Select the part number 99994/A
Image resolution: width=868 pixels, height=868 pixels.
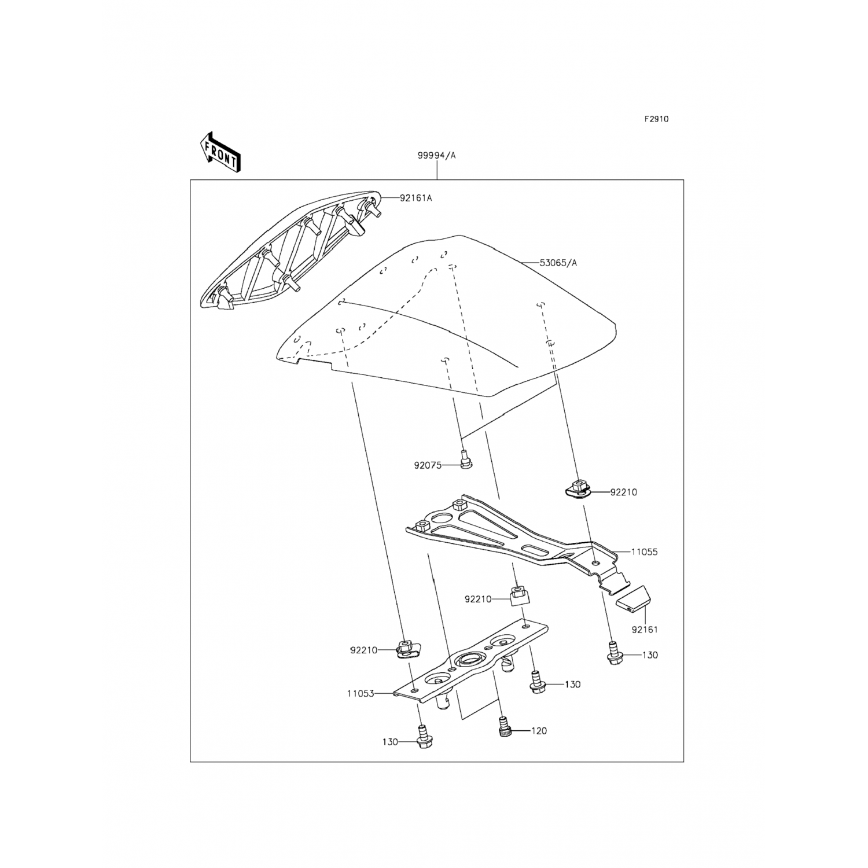[437, 155]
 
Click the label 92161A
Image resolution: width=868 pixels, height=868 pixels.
[415, 198]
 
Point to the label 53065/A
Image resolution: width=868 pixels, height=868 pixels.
[558, 263]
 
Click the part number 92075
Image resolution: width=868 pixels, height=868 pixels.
[428, 465]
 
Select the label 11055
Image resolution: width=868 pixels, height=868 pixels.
[644, 552]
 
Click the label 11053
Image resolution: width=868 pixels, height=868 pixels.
[361, 693]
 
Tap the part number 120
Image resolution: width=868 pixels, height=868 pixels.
[539, 731]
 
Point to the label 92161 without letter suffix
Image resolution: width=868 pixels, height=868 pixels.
[644, 630]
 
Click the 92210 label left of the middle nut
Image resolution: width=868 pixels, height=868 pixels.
[478, 599]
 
